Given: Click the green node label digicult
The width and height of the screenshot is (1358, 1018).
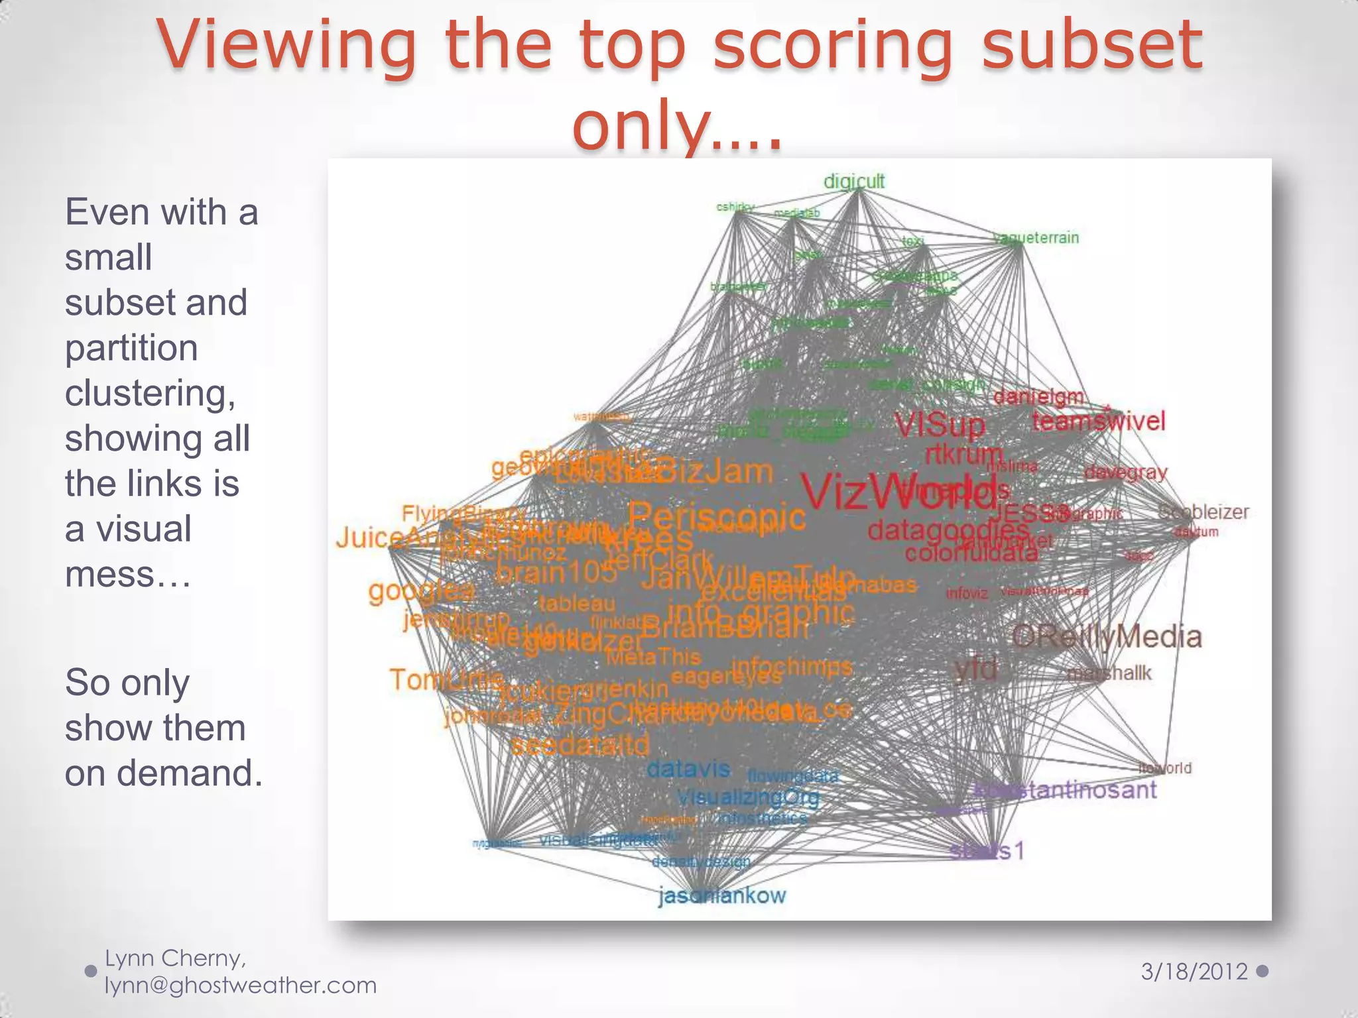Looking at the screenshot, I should pyautogui.click(x=853, y=181).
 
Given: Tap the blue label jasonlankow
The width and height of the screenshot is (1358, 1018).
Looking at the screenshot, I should pyautogui.click(x=722, y=896).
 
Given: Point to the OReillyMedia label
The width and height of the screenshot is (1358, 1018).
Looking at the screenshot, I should pyautogui.click(x=1107, y=637).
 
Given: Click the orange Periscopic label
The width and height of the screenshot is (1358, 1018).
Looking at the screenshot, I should pyautogui.click(x=717, y=516).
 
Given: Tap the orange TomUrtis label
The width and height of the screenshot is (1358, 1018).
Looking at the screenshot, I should pyautogui.click(x=446, y=679).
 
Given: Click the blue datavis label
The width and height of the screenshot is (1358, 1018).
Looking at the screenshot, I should pyautogui.click(x=688, y=769).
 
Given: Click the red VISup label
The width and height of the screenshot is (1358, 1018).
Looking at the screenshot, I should pyautogui.click(x=940, y=425).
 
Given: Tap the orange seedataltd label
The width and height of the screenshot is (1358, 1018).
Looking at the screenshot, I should pyautogui.click(x=580, y=745).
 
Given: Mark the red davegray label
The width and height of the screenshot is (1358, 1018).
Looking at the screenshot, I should pyautogui.click(x=1125, y=473).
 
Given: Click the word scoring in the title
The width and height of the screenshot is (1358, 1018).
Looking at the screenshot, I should pyautogui.click(x=833, y=45).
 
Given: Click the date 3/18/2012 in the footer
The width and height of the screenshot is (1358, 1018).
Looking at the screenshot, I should pyautogui.click(x=1194, y=972).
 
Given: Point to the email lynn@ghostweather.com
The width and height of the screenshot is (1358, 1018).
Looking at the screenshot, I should pyautogui.click(x=241, y=986).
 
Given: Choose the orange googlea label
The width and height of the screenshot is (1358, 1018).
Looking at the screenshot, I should pyautogui.click(x=422, y=589).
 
